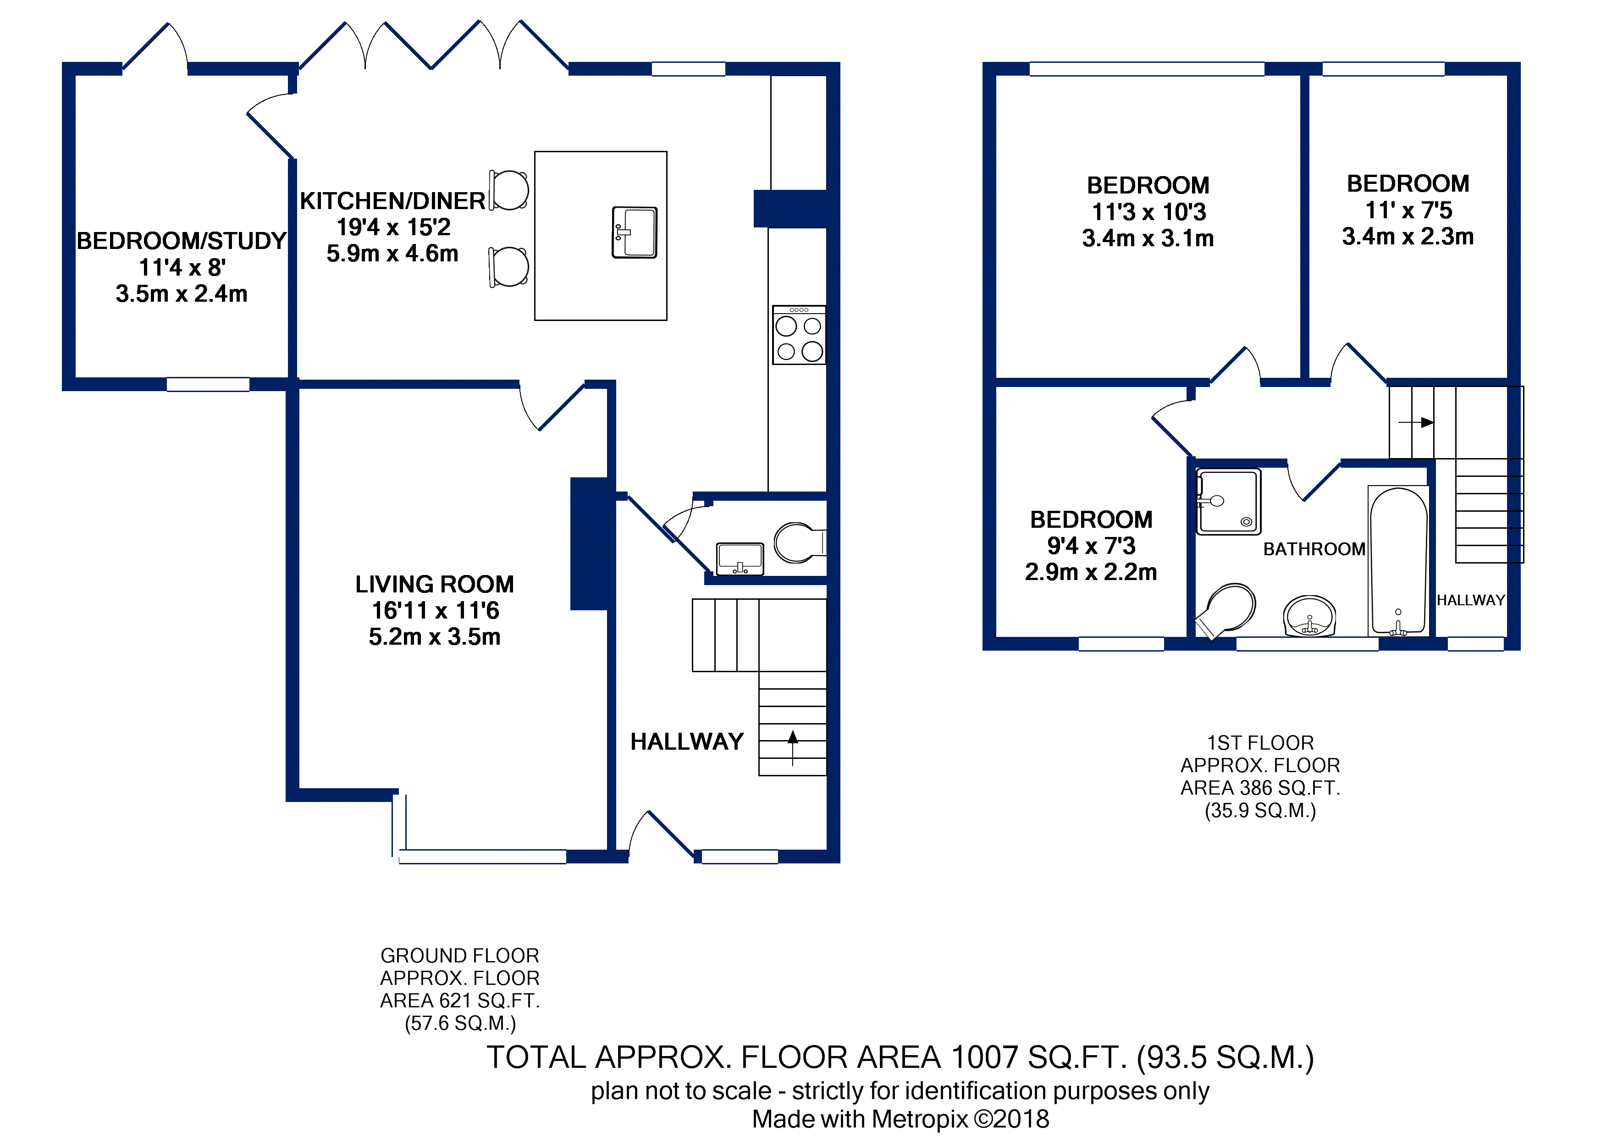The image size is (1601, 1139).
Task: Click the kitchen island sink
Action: coord(634,232)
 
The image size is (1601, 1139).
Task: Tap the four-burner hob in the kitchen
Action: coord(799,335)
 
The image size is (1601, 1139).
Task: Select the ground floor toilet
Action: coord(800,542)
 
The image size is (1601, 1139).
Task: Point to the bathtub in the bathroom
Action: coord(1398,561)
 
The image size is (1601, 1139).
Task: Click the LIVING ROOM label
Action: coord(435,584)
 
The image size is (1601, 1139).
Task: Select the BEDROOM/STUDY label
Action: coord(182,241)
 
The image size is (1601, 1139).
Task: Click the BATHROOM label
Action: coord(1314,549)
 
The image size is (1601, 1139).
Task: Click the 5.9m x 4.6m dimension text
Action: coord(393,253)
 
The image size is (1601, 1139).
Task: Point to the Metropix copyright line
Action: coord(900,1119)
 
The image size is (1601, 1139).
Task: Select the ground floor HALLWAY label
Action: coord(686,741)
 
